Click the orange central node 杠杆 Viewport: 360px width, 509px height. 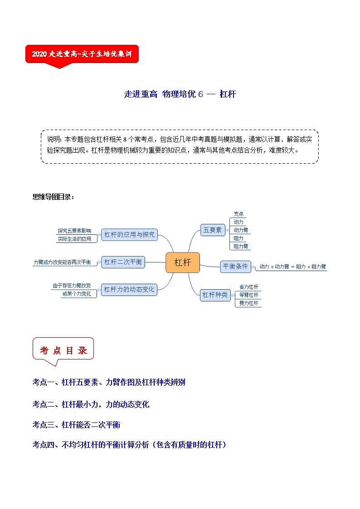182,262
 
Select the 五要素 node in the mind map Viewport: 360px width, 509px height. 213,230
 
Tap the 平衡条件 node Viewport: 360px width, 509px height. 236,267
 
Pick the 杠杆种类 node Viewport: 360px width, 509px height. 215,295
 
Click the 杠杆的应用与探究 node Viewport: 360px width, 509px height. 129,234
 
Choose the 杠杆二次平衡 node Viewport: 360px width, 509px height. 123,262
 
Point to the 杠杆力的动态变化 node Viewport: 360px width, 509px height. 129,289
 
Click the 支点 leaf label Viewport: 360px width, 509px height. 238,214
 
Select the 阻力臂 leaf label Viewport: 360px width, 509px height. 240,246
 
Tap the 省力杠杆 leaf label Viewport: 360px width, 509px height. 248,287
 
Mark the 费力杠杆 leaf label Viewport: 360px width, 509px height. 248,303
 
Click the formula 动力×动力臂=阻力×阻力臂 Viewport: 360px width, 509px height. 292,267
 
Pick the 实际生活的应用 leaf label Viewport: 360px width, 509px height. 74,239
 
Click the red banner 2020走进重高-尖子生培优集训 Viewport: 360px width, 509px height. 82,54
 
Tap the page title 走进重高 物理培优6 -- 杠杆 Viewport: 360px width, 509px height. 180,94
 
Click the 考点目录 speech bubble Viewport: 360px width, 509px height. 63,350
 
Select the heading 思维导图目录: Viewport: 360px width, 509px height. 53,197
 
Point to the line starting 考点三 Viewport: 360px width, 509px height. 76,425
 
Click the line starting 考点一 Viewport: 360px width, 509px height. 109,382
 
